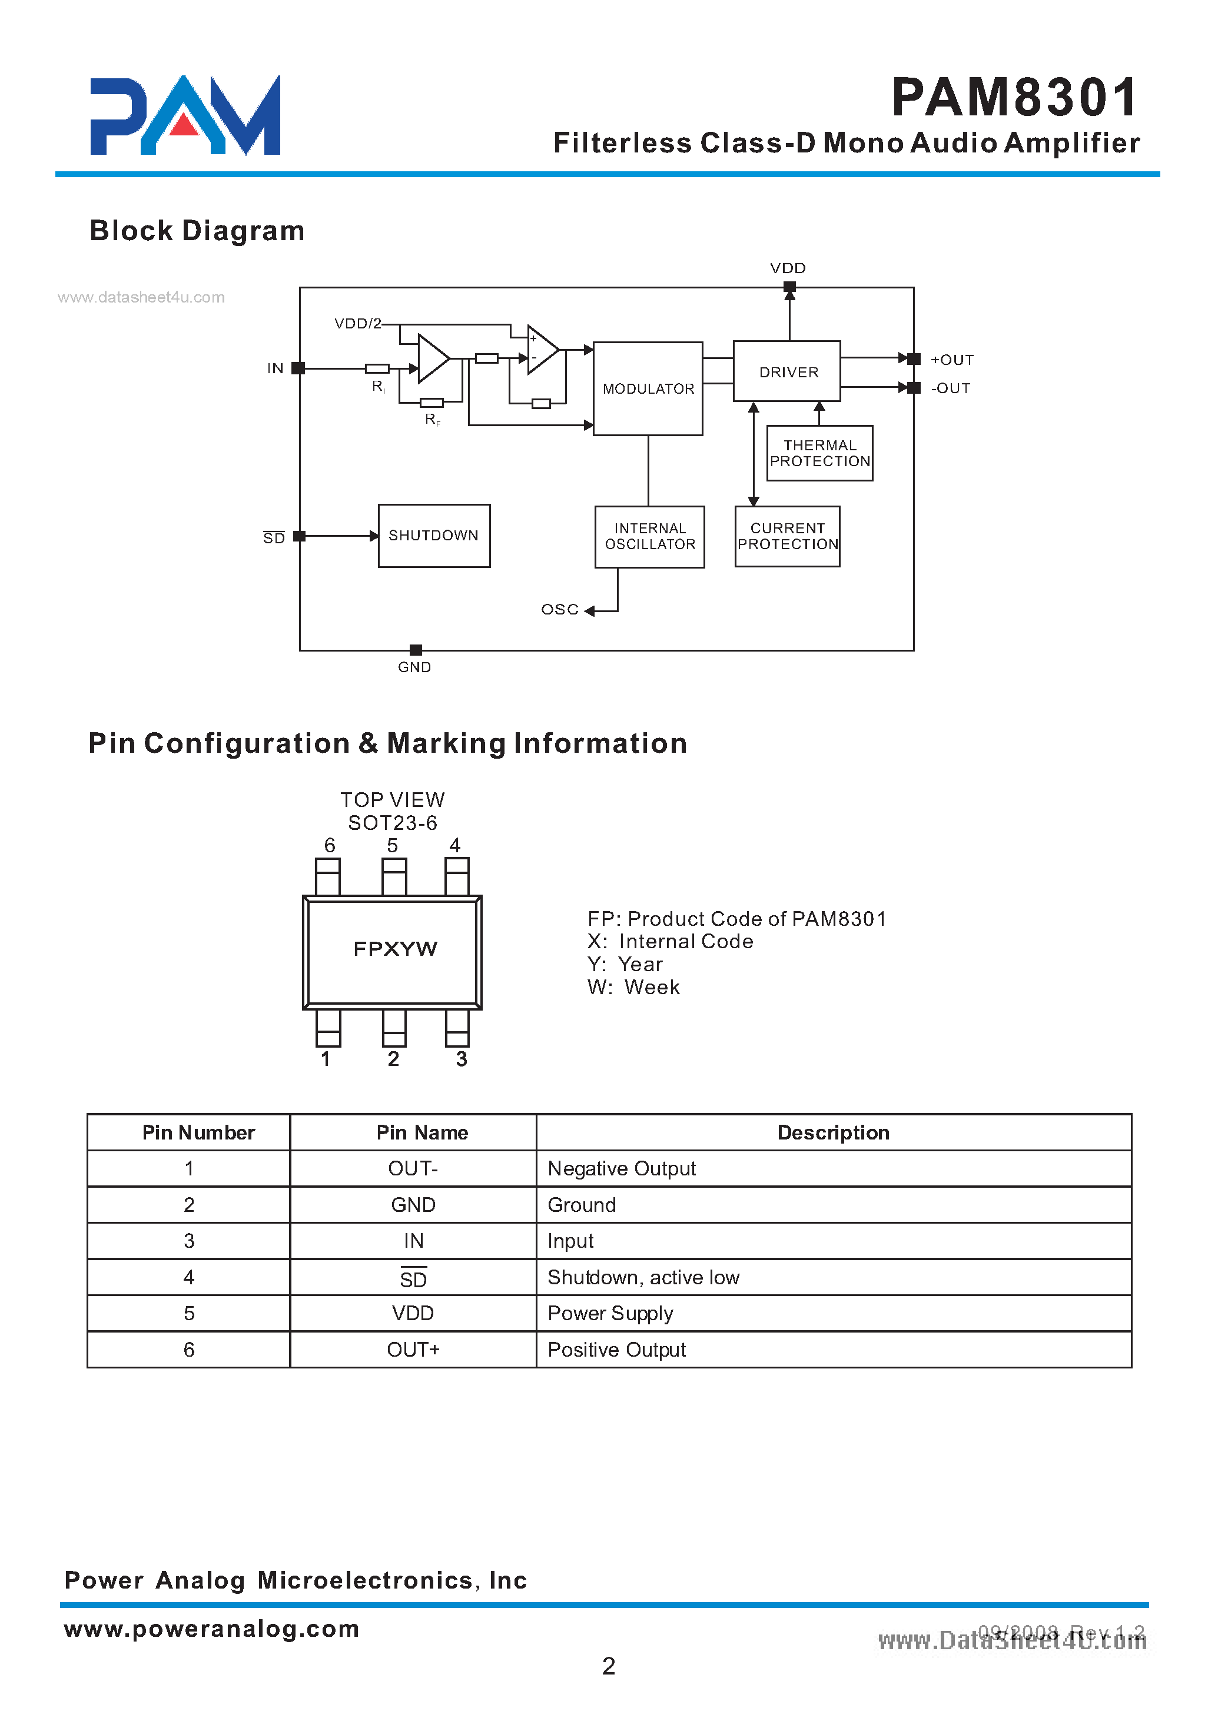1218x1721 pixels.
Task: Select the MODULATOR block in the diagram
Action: coord(648,388)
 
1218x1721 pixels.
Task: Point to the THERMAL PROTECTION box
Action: coord(819,453)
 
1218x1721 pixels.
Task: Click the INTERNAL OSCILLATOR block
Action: coord(649,536)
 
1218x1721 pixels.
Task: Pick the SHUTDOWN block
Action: coord(433,536)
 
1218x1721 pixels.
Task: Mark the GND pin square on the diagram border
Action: coord(416,649)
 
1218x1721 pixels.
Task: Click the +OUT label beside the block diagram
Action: coord(952,360)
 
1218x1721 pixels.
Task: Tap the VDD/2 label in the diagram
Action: coord(357,323)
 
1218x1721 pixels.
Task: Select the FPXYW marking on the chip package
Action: coord(395,949)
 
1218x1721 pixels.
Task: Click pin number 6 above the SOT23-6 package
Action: coord(329,845)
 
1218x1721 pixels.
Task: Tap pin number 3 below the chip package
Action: coord(462,1058)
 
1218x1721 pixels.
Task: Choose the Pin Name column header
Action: coord(422,1132)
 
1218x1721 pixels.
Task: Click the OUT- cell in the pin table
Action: coord(413,1168)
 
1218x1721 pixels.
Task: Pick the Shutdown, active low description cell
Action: coord(643,1277)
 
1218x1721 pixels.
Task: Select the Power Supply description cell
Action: coord(610,1313)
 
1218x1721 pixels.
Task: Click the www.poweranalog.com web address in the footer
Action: coord(211,1628)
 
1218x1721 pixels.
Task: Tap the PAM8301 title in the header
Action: coord(1014,98)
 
